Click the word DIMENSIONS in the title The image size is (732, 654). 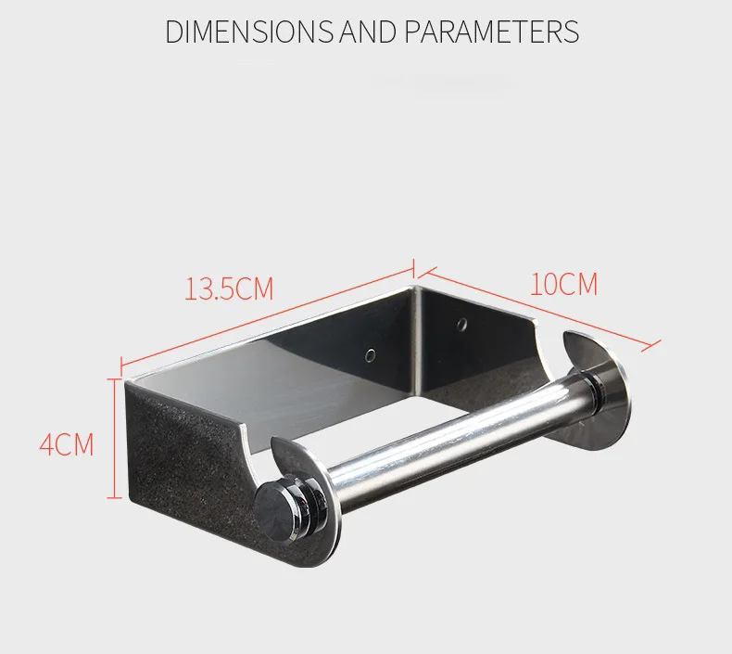tap(249, 32)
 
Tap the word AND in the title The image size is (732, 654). tap(368, 32)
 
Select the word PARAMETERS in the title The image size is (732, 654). tap(492, 32)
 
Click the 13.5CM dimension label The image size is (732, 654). tap(229, 289)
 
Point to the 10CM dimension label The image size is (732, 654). tap(563, 284)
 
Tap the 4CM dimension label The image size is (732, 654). tap(67, 444)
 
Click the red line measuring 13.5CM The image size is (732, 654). tap(268, 315)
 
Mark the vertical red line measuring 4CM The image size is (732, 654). tap(114, 439)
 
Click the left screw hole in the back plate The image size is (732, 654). tap(371, 355)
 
